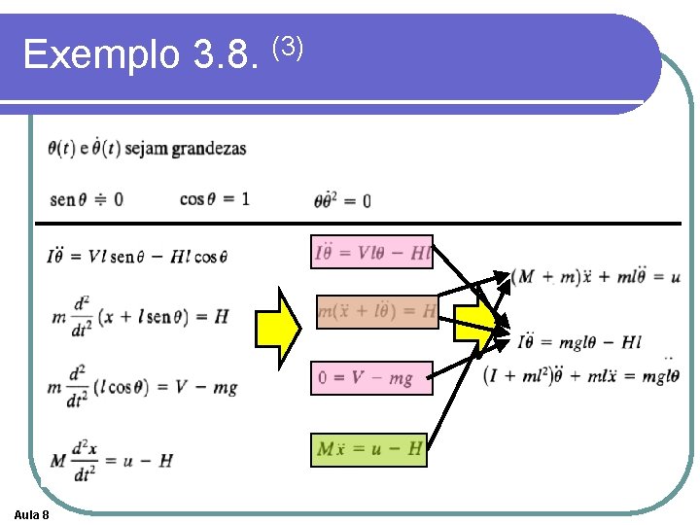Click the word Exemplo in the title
101,55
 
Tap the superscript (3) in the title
288,45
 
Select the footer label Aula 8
33,513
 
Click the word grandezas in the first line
208,149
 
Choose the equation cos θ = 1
215,198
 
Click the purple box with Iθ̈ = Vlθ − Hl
371,253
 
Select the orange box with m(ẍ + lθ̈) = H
377,311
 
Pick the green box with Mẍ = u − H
368,449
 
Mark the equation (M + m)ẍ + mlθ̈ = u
596,277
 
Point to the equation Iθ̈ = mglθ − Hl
579,341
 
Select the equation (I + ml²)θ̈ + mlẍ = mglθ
581,375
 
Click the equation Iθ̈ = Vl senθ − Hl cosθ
136,257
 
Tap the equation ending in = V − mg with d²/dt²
143,386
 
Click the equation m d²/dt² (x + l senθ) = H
138,316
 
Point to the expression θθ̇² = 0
341,200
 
